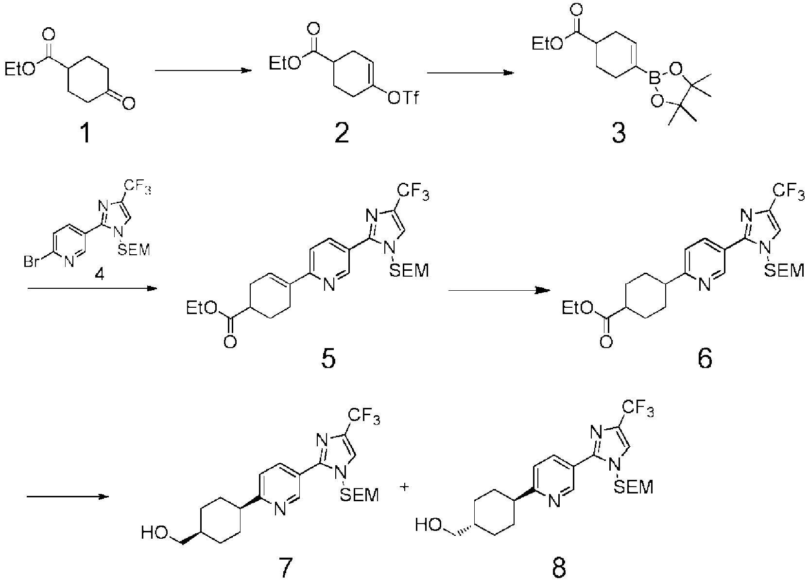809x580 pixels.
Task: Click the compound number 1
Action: tap(86, 133)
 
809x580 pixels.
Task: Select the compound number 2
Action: tap(342, 133)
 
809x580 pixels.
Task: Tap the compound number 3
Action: tap(619, 133)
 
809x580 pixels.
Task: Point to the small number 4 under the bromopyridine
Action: tap(100, 275)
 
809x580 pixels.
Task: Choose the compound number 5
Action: tap(328, 358)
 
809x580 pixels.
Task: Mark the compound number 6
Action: tap(705, 358)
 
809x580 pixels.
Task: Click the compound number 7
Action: tap(285, 568)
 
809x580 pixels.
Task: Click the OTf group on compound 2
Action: tap(403, 98)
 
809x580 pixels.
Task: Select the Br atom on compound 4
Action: tap(32, 261)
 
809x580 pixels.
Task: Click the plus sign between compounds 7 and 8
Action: tap(404, 487)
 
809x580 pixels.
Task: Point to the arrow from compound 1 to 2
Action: tap(203, 70)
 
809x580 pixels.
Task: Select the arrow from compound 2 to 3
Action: tap(471, 73)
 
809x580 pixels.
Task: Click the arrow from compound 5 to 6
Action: tap(499, 290)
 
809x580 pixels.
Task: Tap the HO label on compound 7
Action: tap(155, 533)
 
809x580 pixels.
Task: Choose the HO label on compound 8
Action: tap(429, 525)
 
